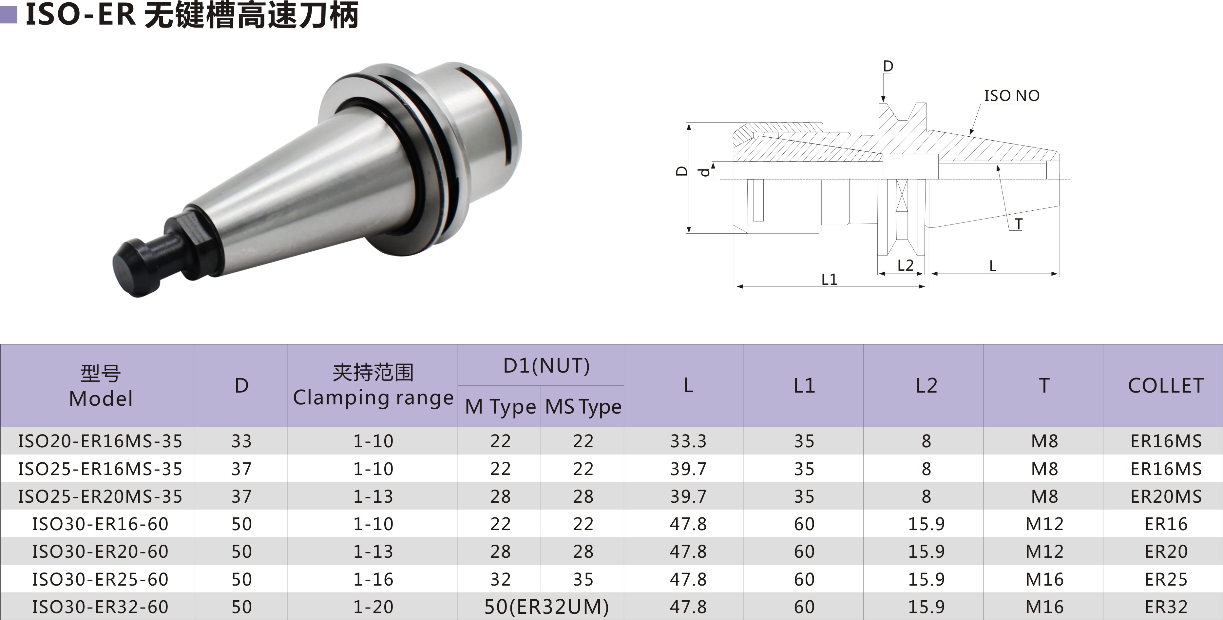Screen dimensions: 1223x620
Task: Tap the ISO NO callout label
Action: pos(1012,96)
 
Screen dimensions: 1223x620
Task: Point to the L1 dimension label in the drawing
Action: pos(830,279)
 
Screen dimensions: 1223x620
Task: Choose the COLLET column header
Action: pos(1166,385)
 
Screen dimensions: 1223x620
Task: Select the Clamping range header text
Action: pos(373,398)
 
